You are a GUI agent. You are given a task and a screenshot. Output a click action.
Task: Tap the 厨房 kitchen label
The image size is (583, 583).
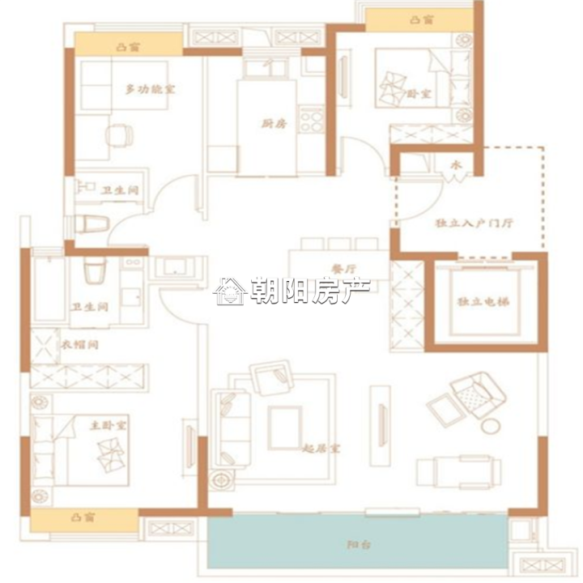(x=274, y=124)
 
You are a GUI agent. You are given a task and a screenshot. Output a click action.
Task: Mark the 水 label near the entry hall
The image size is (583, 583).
(x=455, y=167)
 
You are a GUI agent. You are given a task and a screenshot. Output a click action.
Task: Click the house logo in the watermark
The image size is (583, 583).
(x=229, y=291)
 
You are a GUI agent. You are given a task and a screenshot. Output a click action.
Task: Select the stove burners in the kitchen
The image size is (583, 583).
(x=311, y=120)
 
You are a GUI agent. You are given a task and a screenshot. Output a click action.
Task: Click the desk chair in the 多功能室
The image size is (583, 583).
(x=120, y=134)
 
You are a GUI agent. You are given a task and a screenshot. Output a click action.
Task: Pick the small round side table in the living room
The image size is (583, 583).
(x=492, y=427)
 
